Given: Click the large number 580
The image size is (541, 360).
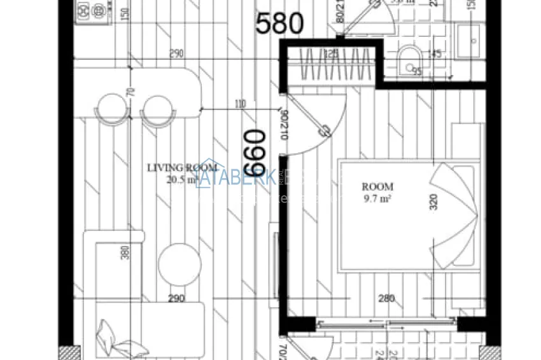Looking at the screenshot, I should click(279, 24).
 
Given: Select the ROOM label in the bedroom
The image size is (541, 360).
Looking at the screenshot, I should click(377, 187).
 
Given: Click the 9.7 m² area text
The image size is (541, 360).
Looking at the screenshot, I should click(377, 198).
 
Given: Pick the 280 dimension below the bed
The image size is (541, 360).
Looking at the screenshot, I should click(386, 298).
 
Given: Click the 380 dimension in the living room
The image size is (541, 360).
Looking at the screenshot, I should click(125, 254).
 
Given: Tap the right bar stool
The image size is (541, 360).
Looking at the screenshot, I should click(157, 109).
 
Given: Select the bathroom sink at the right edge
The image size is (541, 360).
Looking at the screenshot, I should click(474, 39).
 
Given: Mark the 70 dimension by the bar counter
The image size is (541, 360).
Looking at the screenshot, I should click(131, 92).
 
